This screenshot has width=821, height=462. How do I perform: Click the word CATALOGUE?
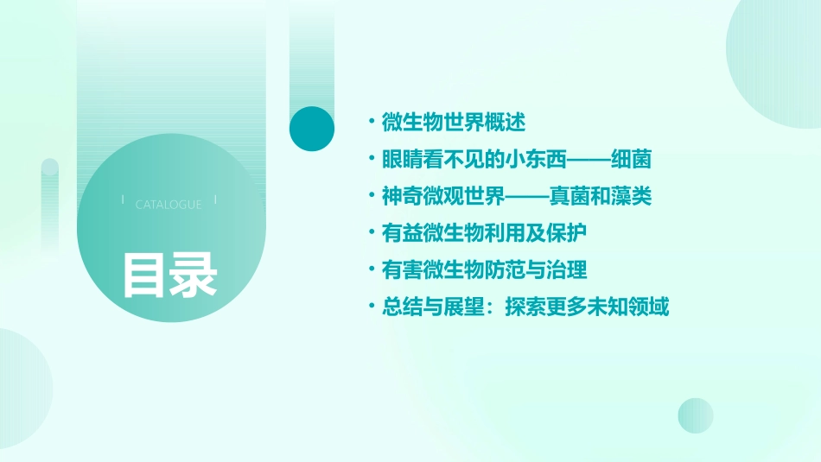click(x=169, y=205)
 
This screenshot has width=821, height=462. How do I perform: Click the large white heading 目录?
click(x=169, y=275)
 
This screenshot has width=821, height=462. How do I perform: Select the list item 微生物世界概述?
click(x=454, y=123)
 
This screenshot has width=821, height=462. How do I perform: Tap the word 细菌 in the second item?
click(x=630, y=160)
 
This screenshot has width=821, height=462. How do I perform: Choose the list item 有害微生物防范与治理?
click(x=485, y=270)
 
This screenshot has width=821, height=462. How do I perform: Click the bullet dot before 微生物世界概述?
click(x=372, y=123)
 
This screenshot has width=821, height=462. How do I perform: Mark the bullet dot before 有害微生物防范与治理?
click(x=372, y=270)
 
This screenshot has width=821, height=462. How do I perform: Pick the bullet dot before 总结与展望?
click(x=372, y=307)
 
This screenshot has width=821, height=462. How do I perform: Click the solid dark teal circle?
click(x=311, y=129)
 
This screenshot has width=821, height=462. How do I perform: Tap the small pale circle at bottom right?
click(x=696, y=415)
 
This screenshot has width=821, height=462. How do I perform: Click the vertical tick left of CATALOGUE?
click(x=123, y=200)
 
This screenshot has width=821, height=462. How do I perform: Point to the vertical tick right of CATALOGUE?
click(x=215, y=200)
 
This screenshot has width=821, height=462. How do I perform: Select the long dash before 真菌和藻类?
click(x=526, y=198)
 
